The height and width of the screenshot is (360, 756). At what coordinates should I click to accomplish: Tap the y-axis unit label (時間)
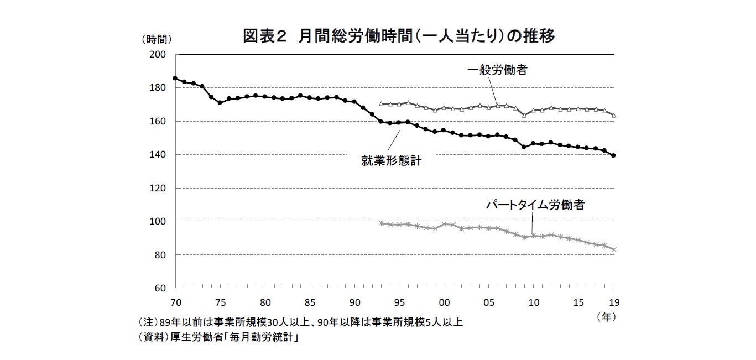(157, 39)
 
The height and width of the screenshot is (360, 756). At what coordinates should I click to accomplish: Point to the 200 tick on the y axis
(159, 54)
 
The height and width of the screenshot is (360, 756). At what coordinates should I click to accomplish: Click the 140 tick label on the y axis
(159, 155)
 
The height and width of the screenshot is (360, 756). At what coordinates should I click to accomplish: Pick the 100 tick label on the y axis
(159, 221)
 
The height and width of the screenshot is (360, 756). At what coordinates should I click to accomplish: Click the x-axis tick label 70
(175, 302)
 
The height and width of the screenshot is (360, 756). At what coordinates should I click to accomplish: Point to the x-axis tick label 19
(613, 302)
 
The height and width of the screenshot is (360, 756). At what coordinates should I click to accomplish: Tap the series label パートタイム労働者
(535, 205)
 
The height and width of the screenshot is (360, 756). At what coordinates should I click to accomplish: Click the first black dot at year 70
(175, 78)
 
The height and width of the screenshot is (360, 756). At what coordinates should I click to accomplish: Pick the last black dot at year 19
(614, 155)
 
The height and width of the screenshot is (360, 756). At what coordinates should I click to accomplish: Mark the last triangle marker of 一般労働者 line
(614, 116)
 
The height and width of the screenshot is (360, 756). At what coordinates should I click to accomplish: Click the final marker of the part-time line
(614, 249)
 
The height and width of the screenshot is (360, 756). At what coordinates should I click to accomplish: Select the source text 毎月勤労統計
(264, 337)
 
